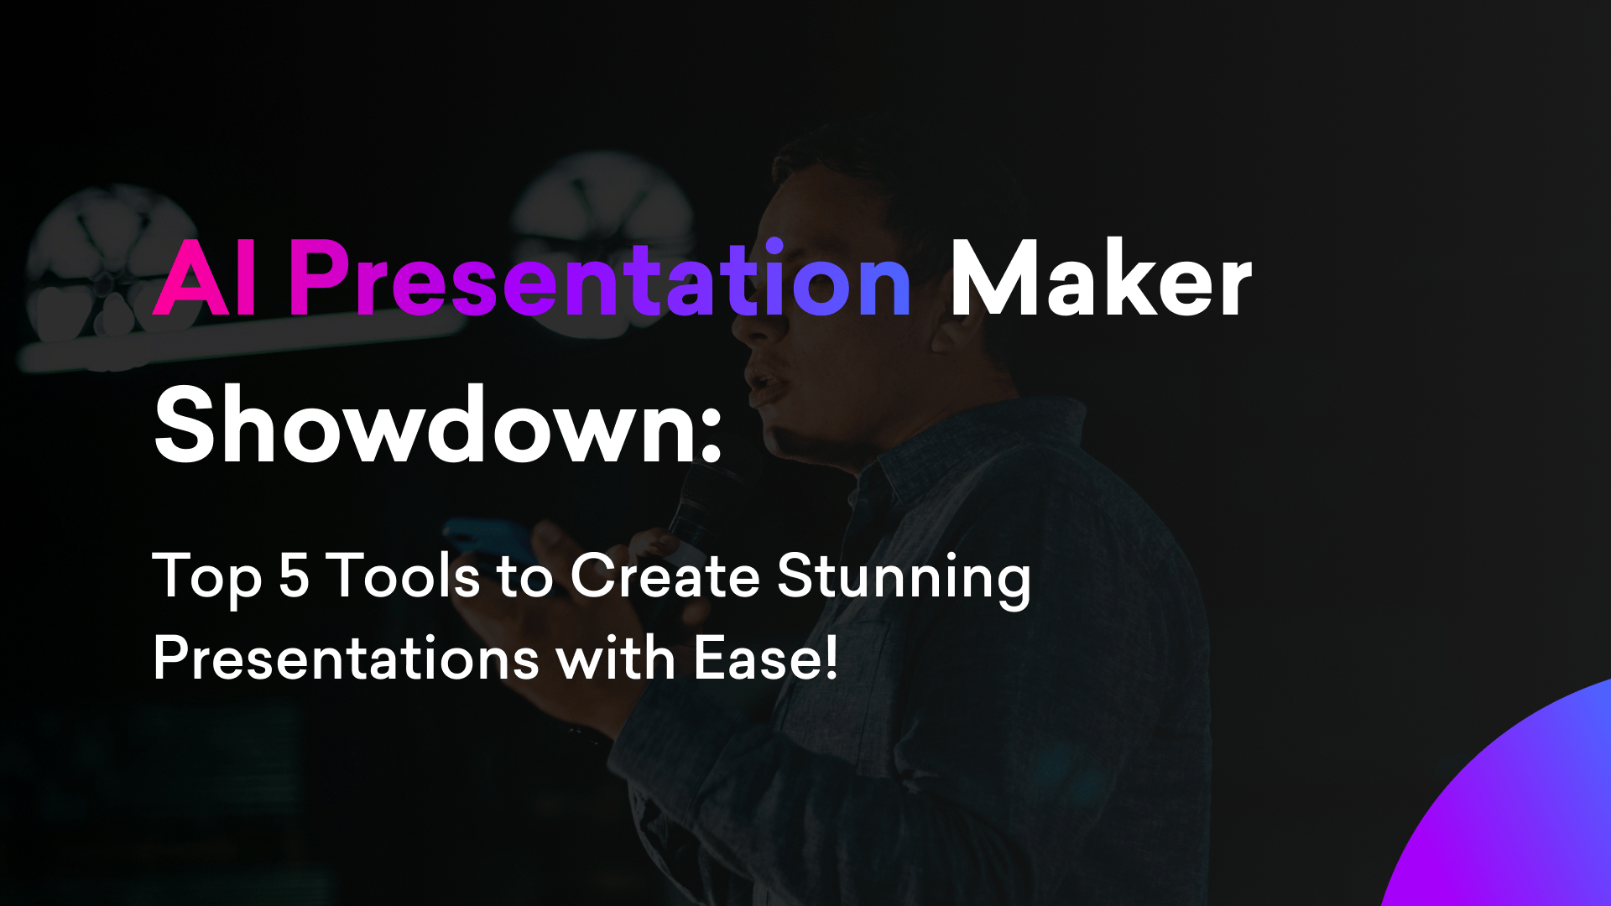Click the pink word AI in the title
click(x=204, y=279)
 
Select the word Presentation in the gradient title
click(x=600, y=279)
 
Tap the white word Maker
click(x=1100, y=279)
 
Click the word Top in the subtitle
click(x=206, y=578)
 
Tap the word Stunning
click(x=904, y=578)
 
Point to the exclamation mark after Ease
click(x=831, y=659)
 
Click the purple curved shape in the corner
click(x=1519, y=814)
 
